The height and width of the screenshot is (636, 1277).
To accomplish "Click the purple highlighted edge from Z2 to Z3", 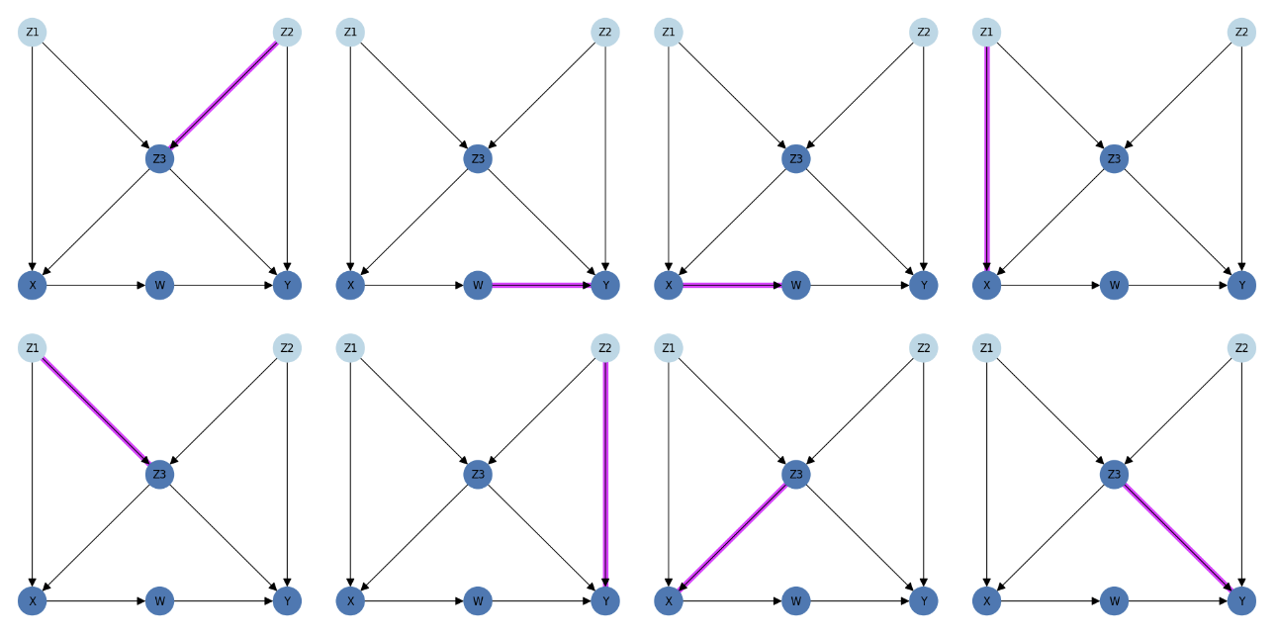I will pyautogui.click(x=224, y=95).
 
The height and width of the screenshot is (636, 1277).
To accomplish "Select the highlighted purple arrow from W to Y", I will pyautogui.click(x=542, y=285).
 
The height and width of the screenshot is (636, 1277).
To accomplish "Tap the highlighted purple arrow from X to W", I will pyautogui.click(x=732, y=285).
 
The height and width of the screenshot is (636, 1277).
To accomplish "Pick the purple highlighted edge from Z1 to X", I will pyautogui.click(x=986, y=158).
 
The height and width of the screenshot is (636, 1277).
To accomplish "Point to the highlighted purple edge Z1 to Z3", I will pyautogui.click(x=96, y=410).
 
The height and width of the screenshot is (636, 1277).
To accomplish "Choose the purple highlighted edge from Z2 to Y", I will pyautogui.click(x=605, y=474).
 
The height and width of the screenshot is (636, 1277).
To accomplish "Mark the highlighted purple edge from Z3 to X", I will pyautogui.click(x=732, y=537).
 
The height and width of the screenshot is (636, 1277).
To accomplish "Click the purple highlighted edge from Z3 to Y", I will pyautogui.click(x=1178, y=537).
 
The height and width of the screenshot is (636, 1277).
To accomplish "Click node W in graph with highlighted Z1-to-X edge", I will pyautogui.click(x=1114, y=285).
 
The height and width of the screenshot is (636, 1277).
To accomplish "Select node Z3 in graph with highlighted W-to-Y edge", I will pyautogui.click(x=478, y=158).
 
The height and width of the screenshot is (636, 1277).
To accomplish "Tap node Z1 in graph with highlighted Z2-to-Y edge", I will pyautogui.click(x=350, y=348).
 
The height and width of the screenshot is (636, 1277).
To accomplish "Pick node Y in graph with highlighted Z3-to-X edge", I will pyautogui.click(x=923, y=600).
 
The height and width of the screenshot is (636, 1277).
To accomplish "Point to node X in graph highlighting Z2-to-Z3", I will pyautogui.click(x=33, y=285).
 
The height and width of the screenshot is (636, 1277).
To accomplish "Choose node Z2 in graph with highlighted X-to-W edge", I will pyautogui.click(x=923, y=33).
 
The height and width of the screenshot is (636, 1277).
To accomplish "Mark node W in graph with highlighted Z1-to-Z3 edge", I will pyautogui.click(x=159, y=600).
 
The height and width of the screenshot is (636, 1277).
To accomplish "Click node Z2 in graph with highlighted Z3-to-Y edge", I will pyautogui.click(x=1241, y=348).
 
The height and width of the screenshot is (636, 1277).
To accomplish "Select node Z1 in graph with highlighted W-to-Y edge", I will pyautogui.click(x=350, y=33).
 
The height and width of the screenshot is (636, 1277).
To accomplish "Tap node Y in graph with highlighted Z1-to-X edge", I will pyautogui.click(x=1241, y=285).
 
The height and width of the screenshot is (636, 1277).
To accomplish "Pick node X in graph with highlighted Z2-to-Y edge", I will pyautogui.click(x=350, y=600).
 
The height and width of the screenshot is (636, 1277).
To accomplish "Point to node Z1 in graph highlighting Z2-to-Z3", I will pyautogui.click(x=33, y=33).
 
